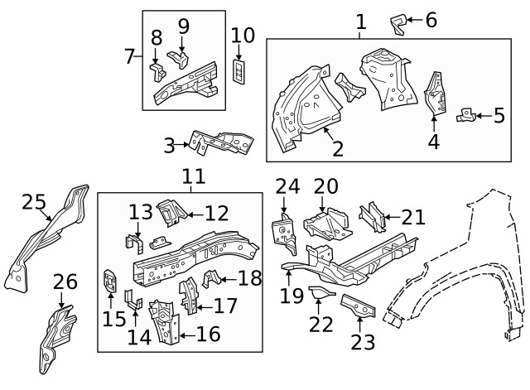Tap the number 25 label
click(33, 201)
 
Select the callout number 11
click(192, 176)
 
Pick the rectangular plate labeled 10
click(239, 72)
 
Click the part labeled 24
click(283, 231)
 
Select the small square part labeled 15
click(109, 282)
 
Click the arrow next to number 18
click(226, 277)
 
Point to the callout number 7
click(129, 56)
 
